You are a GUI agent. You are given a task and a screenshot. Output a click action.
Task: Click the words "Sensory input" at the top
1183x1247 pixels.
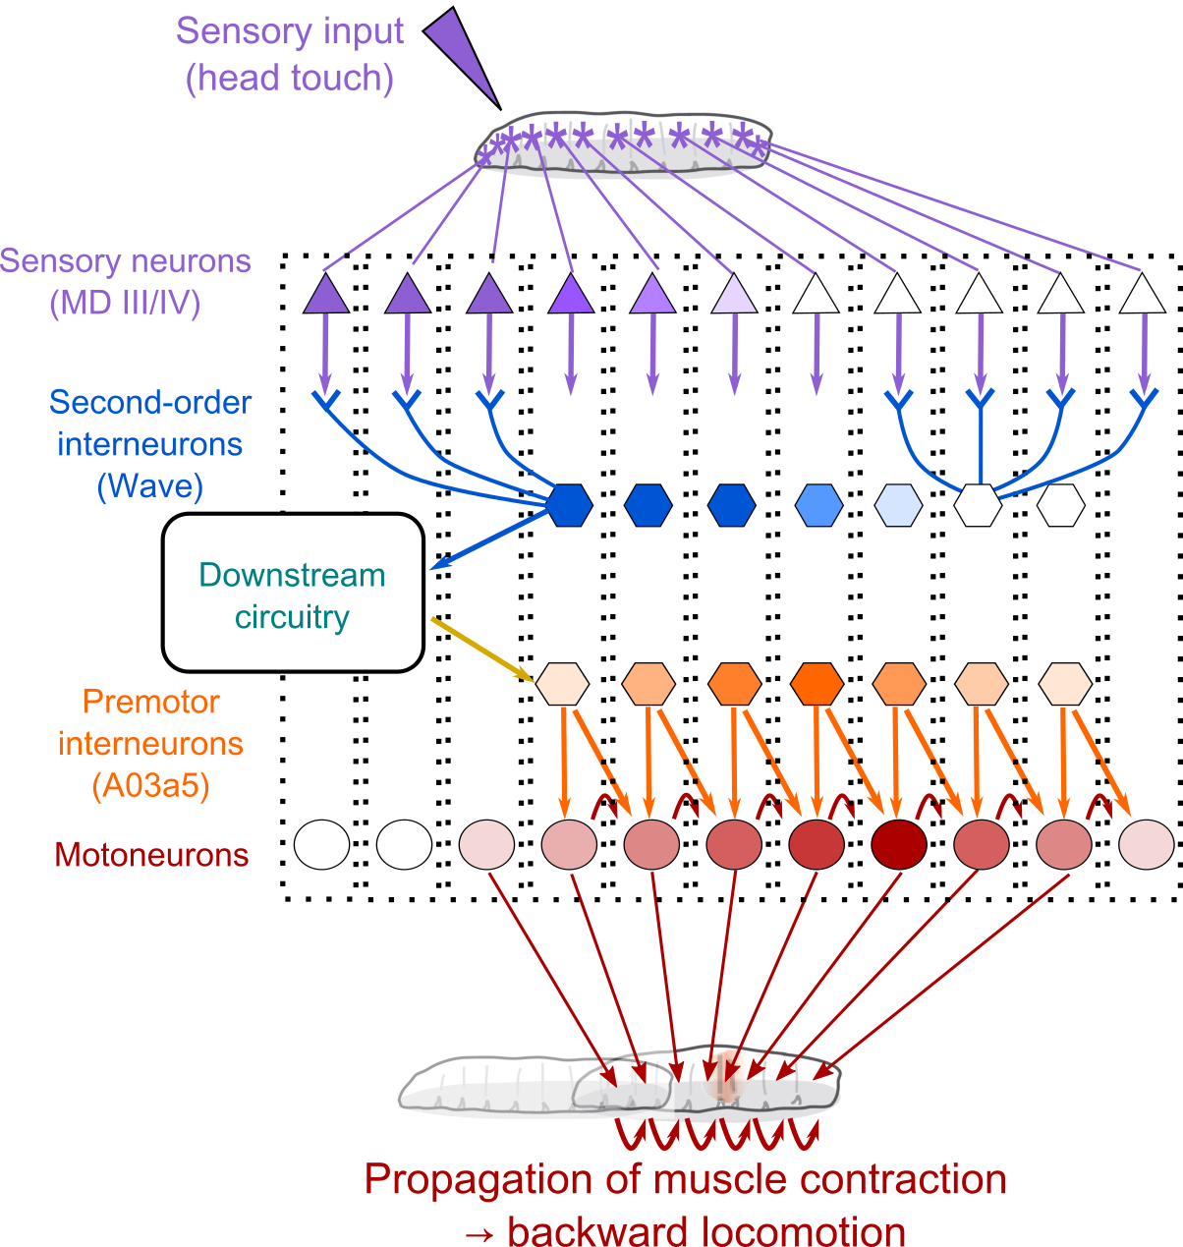[290, 31]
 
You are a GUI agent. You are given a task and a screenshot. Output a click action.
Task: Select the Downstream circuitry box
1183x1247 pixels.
[293, 594]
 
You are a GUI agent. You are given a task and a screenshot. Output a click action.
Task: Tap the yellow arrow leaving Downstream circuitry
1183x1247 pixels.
[481, 649]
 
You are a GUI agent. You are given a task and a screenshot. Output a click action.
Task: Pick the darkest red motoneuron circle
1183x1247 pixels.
[899, 844]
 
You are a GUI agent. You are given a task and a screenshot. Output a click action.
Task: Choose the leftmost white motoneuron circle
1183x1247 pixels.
[322, 844]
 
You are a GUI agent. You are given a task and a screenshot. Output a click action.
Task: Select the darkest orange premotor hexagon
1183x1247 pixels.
[817, 683]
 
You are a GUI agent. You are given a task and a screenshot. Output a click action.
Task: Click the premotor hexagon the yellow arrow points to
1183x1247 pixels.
[563, 683]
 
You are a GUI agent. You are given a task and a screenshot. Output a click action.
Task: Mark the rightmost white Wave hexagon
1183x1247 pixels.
[1061, 505]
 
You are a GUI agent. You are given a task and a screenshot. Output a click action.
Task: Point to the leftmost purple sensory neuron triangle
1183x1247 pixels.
[326, 294]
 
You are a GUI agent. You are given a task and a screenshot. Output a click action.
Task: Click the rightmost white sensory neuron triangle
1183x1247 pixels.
[1142, 294]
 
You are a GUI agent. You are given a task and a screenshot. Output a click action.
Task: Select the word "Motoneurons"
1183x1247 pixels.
[152, 855]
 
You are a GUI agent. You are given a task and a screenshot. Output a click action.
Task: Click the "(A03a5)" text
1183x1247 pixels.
[150, 786]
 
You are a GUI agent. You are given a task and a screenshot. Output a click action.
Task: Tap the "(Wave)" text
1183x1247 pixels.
[150, 486]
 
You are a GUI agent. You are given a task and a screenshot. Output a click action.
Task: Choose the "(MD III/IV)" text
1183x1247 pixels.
[125, 303]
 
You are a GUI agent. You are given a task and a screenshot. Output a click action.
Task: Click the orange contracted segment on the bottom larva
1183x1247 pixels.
[724, 1079]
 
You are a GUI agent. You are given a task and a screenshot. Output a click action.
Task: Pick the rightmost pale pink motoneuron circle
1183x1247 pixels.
[1147, 844]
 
